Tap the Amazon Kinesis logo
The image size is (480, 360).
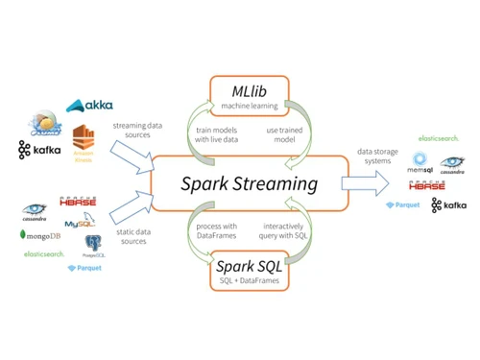(x=85, y=144)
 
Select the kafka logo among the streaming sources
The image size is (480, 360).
(x=40, y=150)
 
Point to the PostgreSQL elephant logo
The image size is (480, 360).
(x=93, y=246)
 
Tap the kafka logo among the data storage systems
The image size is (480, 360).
(x=448, y=204)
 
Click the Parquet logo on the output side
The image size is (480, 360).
(x=403, y=204)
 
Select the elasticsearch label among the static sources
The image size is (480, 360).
(x=44, y=254)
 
